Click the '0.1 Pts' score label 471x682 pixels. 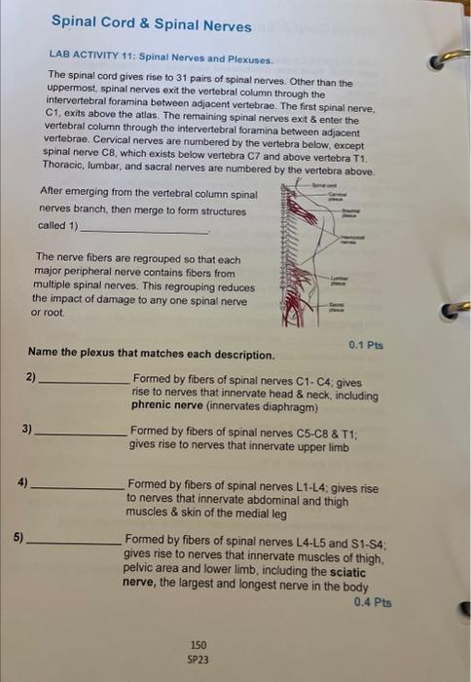pos(366,344)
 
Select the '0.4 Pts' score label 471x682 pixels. pos(376,602)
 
